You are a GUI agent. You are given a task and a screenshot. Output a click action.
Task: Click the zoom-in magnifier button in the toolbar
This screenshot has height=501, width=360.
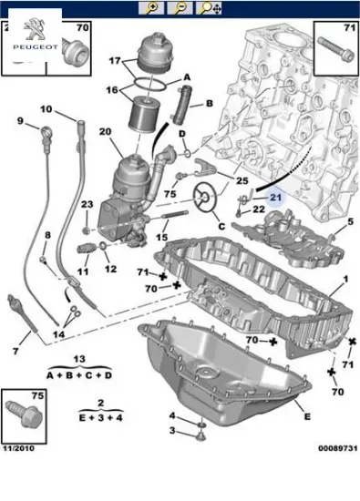(151, 8)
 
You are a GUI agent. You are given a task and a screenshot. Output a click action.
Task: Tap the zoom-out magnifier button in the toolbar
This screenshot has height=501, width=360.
(180, 8)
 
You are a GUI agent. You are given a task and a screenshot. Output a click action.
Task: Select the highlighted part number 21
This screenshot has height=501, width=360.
(275, 197)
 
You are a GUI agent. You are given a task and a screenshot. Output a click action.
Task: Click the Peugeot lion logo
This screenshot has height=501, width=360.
(35, 29)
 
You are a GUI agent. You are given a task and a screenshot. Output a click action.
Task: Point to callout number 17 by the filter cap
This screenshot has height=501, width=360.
(115, 60)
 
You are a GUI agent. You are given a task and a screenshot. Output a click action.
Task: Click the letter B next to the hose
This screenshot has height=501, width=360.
(209, 103)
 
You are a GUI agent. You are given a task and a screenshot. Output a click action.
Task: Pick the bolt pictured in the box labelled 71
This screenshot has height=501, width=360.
(336, 49)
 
